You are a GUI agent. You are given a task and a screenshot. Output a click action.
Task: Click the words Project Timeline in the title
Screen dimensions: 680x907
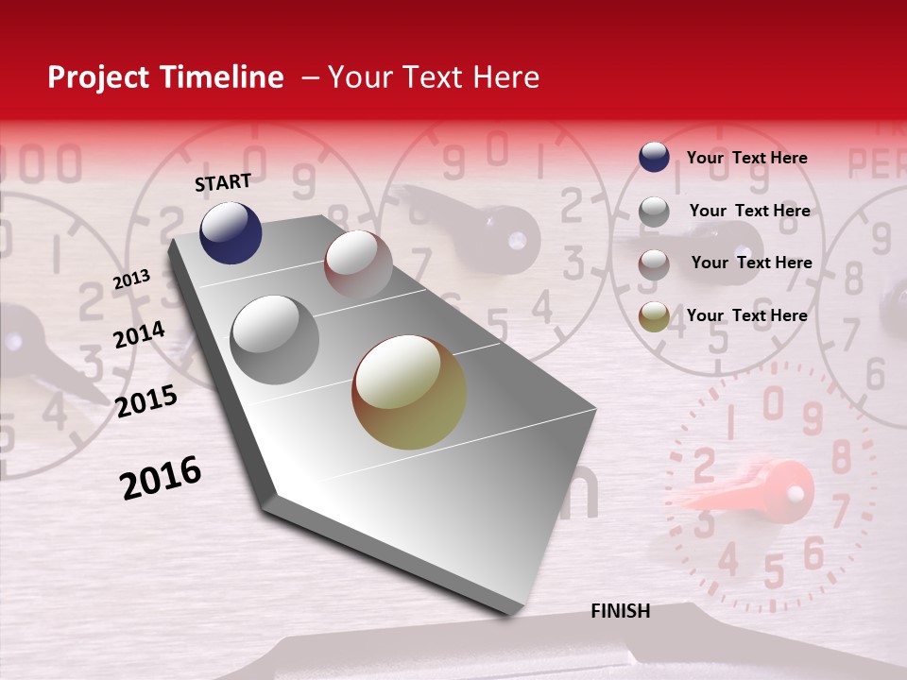coord(165,77)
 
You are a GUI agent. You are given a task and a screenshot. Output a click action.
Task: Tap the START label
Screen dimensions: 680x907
coord(223,182)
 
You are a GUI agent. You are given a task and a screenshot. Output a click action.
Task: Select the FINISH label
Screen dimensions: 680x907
coord(620,611)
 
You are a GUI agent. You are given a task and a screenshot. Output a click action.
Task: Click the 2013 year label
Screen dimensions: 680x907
coord(131,280)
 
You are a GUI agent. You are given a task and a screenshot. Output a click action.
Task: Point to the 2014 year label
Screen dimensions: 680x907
coord(139,335)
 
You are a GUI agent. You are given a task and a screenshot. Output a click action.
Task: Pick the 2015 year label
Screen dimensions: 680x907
coord(146,401)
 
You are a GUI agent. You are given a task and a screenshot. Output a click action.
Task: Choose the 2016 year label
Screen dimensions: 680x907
coord(161,478)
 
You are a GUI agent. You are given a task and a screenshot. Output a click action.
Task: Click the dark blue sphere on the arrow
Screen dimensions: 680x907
coord(231,232)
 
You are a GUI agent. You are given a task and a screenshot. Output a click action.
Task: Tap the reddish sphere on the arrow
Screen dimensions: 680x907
coord(358,263)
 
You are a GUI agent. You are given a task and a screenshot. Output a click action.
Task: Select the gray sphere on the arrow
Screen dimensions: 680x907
coord(274,339)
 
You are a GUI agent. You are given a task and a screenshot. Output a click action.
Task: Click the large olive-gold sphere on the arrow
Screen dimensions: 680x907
coord(409,392)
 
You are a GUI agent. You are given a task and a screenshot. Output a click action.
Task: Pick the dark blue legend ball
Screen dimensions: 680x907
coord(654,157)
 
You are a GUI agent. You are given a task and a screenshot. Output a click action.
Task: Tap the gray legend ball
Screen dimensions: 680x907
coord(654,212)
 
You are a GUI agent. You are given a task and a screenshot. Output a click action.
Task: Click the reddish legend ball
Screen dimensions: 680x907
coord(654,264)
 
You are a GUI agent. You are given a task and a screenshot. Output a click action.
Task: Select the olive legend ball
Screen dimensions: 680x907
coord(654,317)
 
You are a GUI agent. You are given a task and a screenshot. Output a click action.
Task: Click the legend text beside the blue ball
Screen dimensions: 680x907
coord(746,158)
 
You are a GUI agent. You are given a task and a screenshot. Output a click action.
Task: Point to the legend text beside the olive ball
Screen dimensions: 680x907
coord(746,315)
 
